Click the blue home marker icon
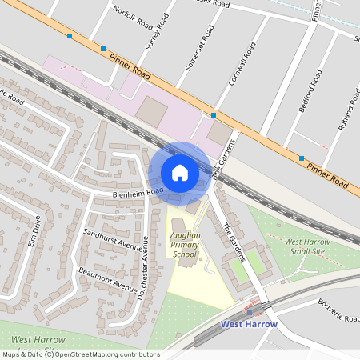pyautogui.click(x=179, y=173)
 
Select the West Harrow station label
pyautogui.click(x=249, y=324)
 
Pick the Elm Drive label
pyautogui.click(x=34, y=230)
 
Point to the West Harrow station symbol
pyautogui.click(x=248, y=313)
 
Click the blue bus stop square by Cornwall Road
pyautogui.click(x=214, y=115)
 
